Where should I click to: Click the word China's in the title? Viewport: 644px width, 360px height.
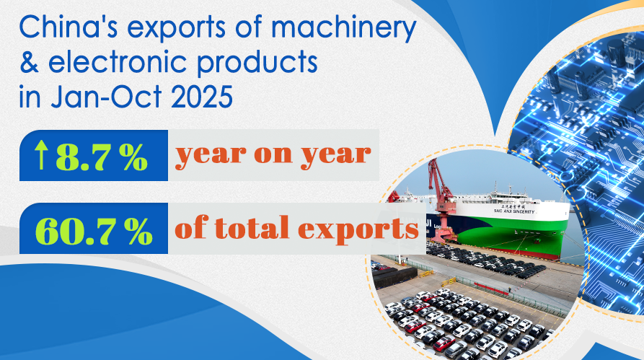pos(69,28)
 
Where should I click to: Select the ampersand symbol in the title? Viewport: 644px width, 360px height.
pos(29,62)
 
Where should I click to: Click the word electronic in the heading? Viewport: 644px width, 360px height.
pos(118,62)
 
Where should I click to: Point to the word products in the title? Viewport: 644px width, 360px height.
pos(257,63)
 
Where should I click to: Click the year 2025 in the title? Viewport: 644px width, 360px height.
pos(202,97)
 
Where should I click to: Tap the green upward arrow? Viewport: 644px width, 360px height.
pos(40,155)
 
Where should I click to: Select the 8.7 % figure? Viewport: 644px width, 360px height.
pos(102,157)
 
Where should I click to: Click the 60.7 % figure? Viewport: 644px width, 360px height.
pos(94,231)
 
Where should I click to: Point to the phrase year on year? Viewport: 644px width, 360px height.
pos(273,155)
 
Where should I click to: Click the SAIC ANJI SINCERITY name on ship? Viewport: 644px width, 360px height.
pos(514,211)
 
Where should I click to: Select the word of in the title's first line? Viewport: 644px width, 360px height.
pos(249,28)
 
